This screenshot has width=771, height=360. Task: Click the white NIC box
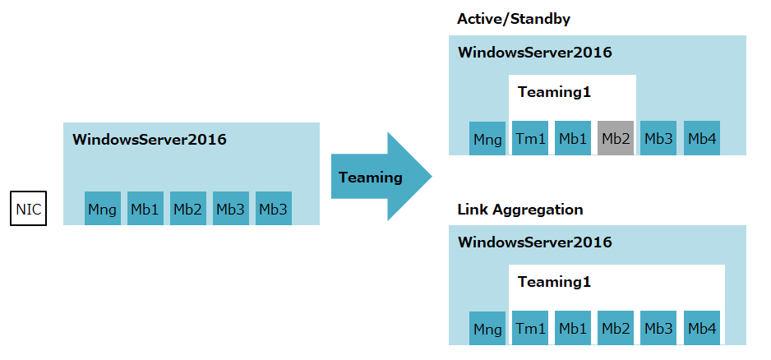tap(28, 209)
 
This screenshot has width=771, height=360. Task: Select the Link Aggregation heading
tap(519, 210)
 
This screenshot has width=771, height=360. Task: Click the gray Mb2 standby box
tap(616, 139)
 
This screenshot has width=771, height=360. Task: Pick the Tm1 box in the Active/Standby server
tap(530, 139)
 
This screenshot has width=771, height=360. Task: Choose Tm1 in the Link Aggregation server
tap(530, 329)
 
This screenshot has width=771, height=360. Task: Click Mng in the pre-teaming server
tap(103, 209)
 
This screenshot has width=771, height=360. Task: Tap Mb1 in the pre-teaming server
tap(145, 209)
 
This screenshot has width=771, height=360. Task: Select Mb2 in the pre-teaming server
tap(188, 209)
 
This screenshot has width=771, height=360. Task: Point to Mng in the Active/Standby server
tap(487, 139)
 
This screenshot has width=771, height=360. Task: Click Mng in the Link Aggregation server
tap(487, 329)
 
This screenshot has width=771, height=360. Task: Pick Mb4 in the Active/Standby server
tap(701, 139)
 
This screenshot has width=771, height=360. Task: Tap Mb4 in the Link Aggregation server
tap(701, 329)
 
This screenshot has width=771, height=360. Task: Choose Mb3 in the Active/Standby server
tap(658, 139)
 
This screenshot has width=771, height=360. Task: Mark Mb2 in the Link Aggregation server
tap(616, 329)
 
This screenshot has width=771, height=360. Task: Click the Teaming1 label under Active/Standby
tap(554, 92)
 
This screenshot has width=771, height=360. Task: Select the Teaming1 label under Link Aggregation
tap(554, 282)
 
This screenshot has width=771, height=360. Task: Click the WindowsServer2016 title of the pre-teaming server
tap(149, 139)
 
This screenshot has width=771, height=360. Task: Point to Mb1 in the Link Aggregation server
tap(573, 329)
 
